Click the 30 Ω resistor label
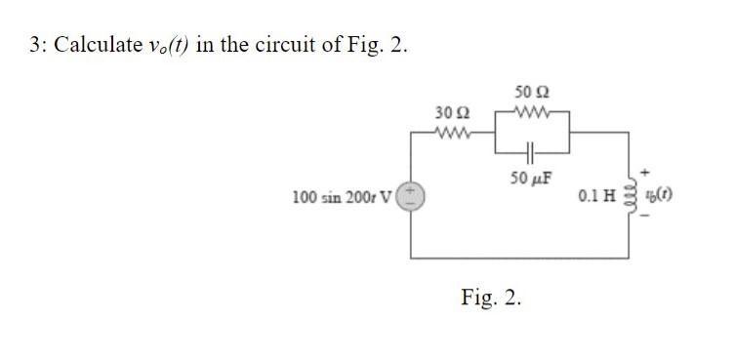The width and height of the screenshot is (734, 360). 447,113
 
